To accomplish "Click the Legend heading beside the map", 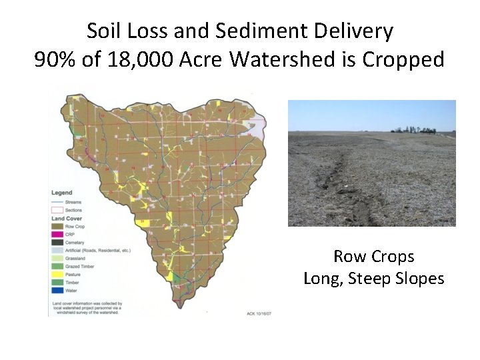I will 62,193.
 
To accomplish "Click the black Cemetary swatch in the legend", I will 57,241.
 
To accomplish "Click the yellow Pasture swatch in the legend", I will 57,274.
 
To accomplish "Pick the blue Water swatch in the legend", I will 57,291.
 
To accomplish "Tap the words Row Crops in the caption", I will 373,257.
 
